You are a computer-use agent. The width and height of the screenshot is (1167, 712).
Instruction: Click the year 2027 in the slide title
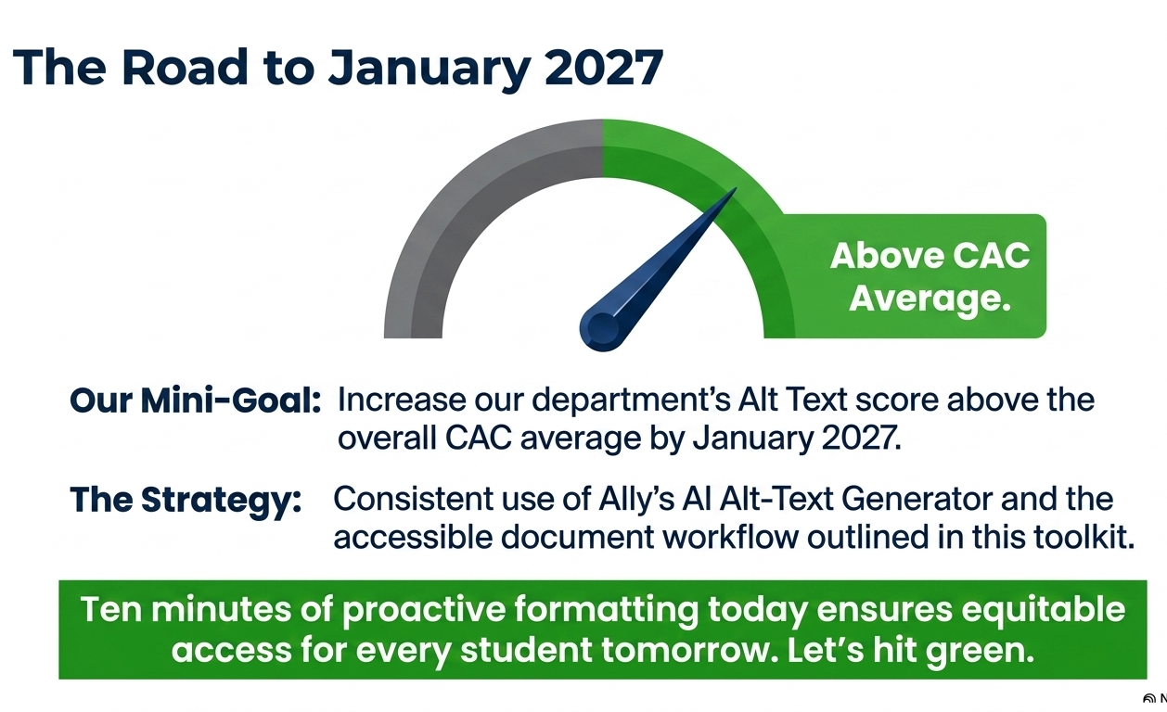604,68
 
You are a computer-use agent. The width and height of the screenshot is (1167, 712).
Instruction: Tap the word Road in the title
185,67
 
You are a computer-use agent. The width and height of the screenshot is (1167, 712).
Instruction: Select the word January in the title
429,70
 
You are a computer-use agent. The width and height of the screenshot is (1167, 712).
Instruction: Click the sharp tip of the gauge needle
736,188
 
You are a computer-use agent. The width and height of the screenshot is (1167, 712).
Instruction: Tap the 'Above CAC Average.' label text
930,277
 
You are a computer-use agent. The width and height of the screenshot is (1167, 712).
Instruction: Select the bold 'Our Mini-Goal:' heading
195,401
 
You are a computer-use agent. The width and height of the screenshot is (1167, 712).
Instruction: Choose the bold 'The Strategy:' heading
186,501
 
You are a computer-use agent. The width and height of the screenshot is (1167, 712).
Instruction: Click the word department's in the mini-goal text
631,401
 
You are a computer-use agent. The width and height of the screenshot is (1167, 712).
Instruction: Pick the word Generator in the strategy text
917,499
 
